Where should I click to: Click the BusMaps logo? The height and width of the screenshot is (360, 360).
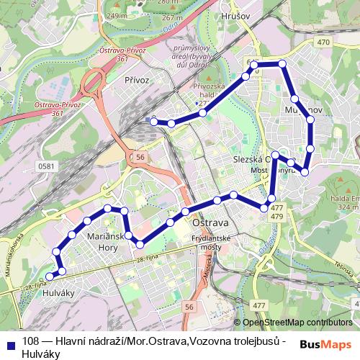click(x=325, y=343)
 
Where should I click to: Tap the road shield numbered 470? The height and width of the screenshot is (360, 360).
click(x=323, y=42)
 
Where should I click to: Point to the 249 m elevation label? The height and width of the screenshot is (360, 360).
click(x=115, y=15)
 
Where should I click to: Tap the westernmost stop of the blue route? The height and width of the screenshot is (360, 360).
click(x=49, y=276)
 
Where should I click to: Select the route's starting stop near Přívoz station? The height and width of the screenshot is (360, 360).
click(x=153, y=121)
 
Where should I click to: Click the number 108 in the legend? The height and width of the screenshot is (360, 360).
click(x=30, y=341)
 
